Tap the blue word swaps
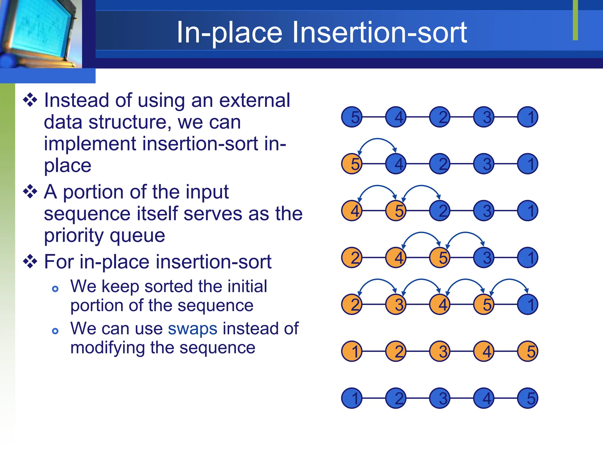193,329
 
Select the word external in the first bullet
255,100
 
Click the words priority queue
105,235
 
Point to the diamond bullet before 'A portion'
30,192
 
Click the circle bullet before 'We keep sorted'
55,289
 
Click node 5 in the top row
352,117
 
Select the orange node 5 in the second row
352,164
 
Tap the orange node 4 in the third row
352,211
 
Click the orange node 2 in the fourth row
352,257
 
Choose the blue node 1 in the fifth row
528,304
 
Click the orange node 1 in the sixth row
352,351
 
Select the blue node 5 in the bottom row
528,398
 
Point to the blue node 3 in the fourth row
484,257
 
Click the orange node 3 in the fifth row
396,304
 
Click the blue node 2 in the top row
440,117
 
